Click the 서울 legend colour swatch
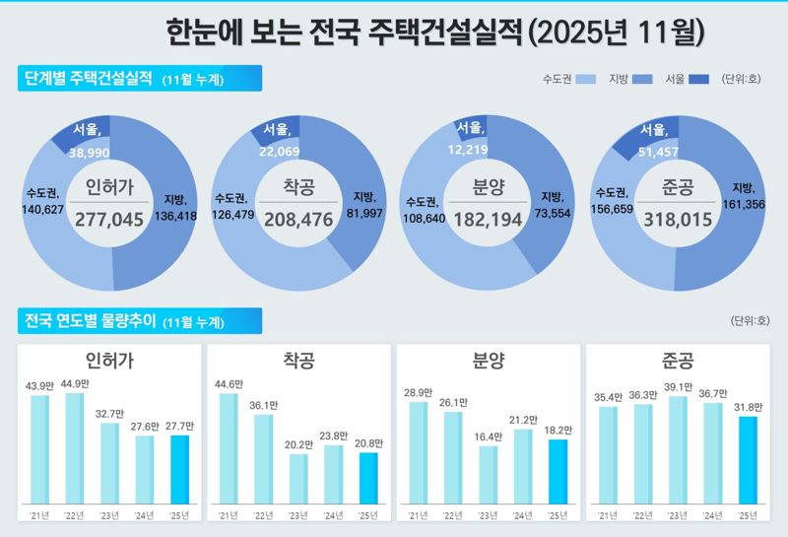tap(699, 79)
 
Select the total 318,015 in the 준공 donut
tap(677, 219)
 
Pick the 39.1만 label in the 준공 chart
tap(678, 387)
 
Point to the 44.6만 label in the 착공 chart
tap(228, 384)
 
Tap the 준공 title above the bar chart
tap(679, 361)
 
